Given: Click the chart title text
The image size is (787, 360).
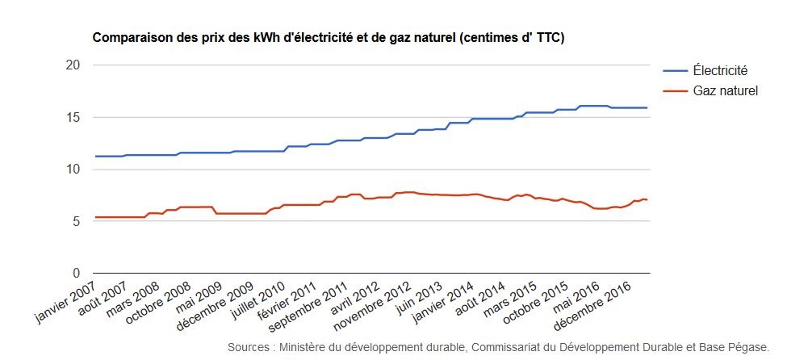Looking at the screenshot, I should (328, 38).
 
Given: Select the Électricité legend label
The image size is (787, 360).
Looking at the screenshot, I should (720, 70).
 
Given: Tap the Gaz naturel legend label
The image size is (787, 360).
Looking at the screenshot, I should (725, 91).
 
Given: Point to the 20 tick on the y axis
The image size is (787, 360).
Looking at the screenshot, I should (75, 65).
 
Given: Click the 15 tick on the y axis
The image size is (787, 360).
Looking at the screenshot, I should (75, 117).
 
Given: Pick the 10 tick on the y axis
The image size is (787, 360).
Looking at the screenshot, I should (75, 170).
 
